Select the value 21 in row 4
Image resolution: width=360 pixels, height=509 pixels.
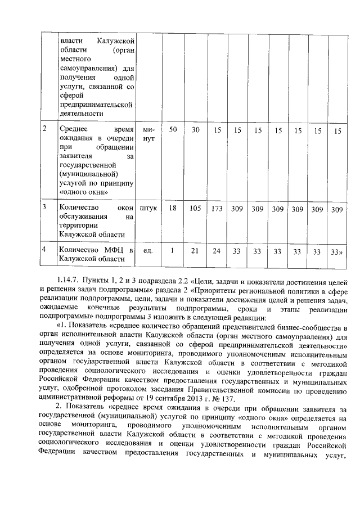click(x=195, y=251)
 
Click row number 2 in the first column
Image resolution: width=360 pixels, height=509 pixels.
click(x=45, y=129)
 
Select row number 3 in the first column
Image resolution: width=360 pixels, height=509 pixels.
click(x=45, y=206)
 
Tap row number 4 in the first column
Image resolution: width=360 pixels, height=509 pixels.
click(x=45, y=248)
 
